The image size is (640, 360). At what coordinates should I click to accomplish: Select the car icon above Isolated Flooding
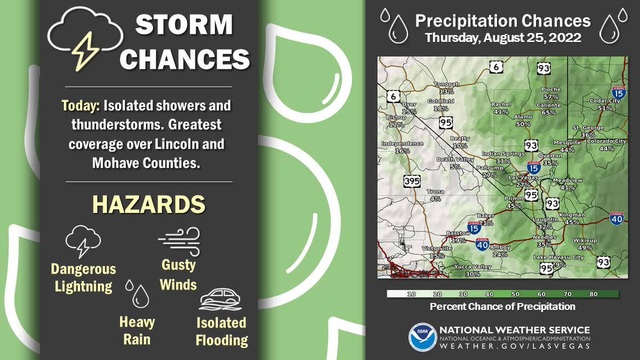[x=221, y=300]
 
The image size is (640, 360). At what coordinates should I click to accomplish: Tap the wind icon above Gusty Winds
[x=179, y=242]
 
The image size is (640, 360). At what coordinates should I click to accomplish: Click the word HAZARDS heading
[x=149, y=204]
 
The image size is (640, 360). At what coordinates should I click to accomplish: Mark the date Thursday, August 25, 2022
[x=502, y=38]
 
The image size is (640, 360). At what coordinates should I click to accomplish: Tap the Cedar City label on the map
[x=605, y=101]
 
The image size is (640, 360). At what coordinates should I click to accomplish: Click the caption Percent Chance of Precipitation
[x=502, y=307]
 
